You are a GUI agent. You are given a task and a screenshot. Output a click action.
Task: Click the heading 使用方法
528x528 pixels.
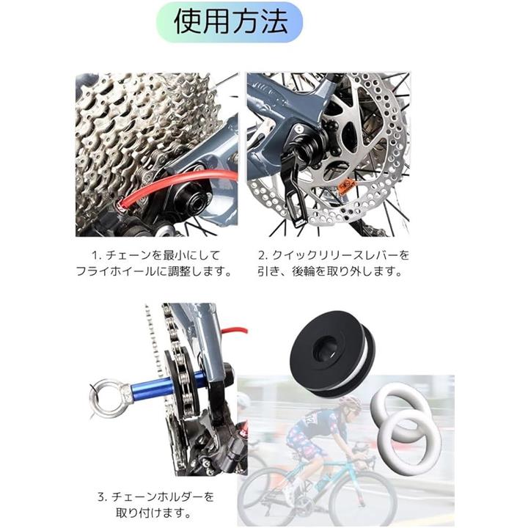pos(230,22)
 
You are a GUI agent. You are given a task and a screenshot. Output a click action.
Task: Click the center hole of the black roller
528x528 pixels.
pos(325,349)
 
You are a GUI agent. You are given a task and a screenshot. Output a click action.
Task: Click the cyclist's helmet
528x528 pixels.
pos(349,403)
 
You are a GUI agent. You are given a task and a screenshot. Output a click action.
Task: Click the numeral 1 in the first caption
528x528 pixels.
pos(95,255)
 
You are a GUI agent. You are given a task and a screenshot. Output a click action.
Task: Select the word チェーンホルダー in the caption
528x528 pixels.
pos(157,496)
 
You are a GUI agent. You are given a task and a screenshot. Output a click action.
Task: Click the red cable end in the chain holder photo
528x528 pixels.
pos(235,330)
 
